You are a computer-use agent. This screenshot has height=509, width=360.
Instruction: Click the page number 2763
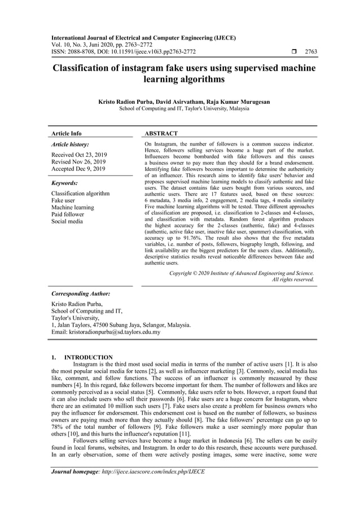pos(310,52)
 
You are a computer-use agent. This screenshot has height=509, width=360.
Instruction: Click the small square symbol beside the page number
pos(293,52)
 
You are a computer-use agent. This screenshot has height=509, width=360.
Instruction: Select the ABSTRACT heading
pos(161,134)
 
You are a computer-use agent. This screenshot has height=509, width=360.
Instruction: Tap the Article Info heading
pos(67,134)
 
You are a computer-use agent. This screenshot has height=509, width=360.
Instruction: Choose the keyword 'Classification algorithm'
pos(81,194)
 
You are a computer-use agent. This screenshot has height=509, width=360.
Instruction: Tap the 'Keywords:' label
pos(64,183)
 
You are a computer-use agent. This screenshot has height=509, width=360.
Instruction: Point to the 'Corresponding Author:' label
pos(81,294)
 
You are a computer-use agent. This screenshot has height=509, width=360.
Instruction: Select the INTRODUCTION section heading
pos(89,357)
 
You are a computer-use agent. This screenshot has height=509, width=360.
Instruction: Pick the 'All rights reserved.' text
pos(293,279)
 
